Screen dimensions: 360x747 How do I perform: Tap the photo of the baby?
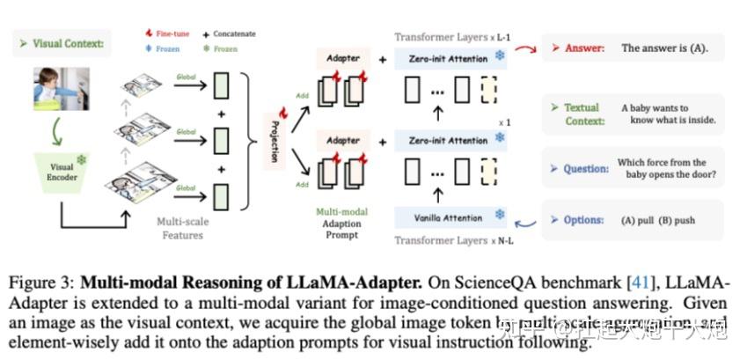tap(60, 94)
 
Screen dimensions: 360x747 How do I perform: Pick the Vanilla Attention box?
tap(448, 217)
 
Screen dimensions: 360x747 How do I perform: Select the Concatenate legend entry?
tap(227, 33)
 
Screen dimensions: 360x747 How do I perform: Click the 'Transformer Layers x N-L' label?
tap(448, 240)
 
